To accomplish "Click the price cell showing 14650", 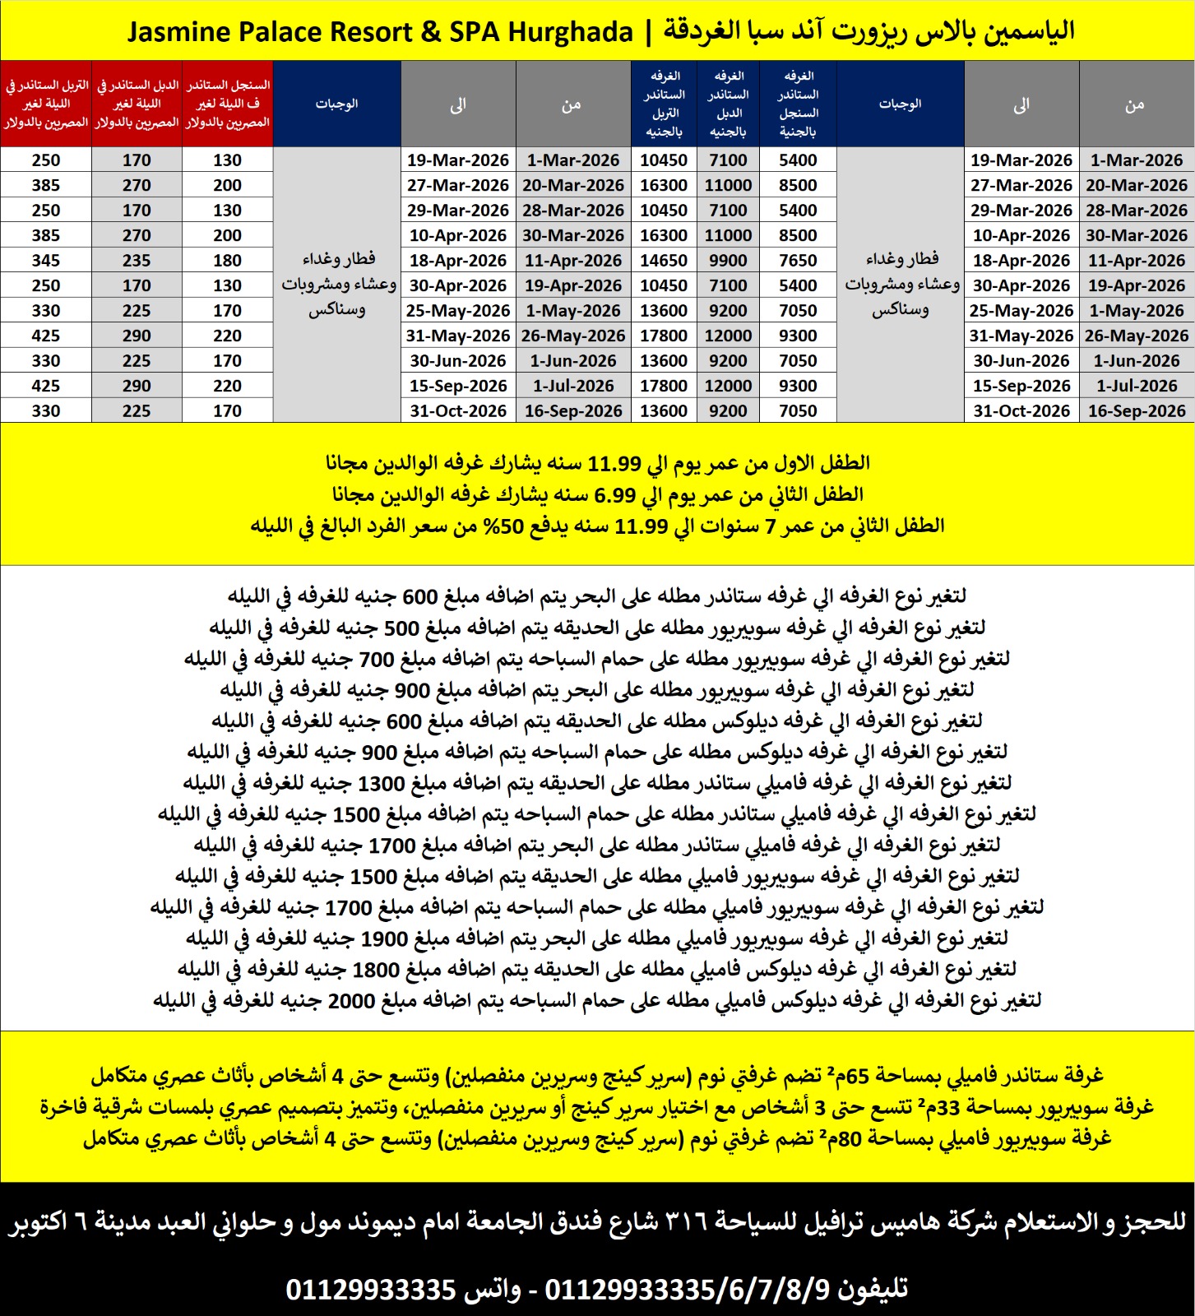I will pos(664,261).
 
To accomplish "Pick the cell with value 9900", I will pos(728,261).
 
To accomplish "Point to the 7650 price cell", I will pos(798,261).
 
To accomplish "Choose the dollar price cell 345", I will pos(46,261).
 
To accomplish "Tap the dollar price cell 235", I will pos(137,261).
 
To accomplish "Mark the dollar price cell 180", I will pos(227,261).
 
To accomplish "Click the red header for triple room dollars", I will pos(46,104).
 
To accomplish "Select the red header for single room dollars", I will pos(227,104).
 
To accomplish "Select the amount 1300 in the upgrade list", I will pos(381,783).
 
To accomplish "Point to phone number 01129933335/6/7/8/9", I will pos(687,1289).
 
